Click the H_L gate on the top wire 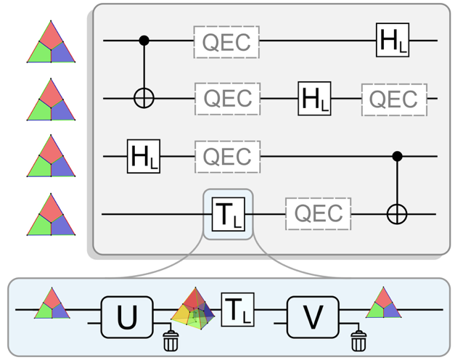pyautogui.click(x=393, y=40)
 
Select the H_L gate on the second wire pyautogui.click(x=314, y=98)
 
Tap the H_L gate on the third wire pyautogui.click(x=143, y=156)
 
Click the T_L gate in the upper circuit pyautogui.click(x=227, y=214)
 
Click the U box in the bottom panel pyautogui.click(x=127, y=317)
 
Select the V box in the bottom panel pyautogui.click(x=312, y=317)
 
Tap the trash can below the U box pyautogui.click(x=171, y=340)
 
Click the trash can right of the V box pyautogui.click(x=357, y=340)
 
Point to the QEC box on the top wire pyautogui.click(x=226, y=41)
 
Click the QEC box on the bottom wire pyautogui.click(x=319, y=214)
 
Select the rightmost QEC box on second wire pyautogui.click(x=394, y=99)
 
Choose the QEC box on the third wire pyautogui.click(x=226, y=156)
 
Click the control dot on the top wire pyautogui.click(x=144, y=41)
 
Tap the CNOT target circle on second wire pyautogui.click(x=144, y=98)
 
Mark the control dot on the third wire pyautogui.click(x=396, y=156)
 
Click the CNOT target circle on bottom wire pyautogui.click(x=396, y=214)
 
